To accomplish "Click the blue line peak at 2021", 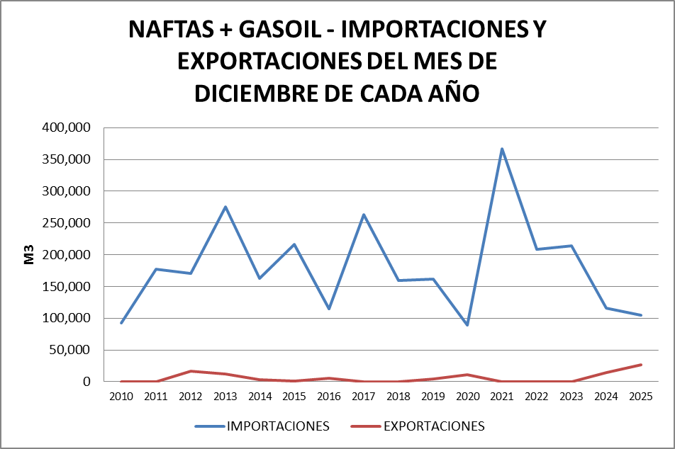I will coord(502,149).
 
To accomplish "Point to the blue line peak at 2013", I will coord(225,207).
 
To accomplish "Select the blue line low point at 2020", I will coord(467,325).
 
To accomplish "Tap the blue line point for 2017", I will coord(364,215).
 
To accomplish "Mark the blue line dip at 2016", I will coord(329,309).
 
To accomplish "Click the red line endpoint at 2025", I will coord(641,365).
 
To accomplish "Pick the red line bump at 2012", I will coord(191,371).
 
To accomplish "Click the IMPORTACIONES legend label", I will coord(278,426).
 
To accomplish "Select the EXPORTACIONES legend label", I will coord(434,426).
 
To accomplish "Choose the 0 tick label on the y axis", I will coord(87,382).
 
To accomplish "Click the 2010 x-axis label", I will coord(121,397).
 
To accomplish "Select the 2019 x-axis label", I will coord(433,397).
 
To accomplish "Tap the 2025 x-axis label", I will coord(641,397).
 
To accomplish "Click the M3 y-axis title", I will coord(29,255).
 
